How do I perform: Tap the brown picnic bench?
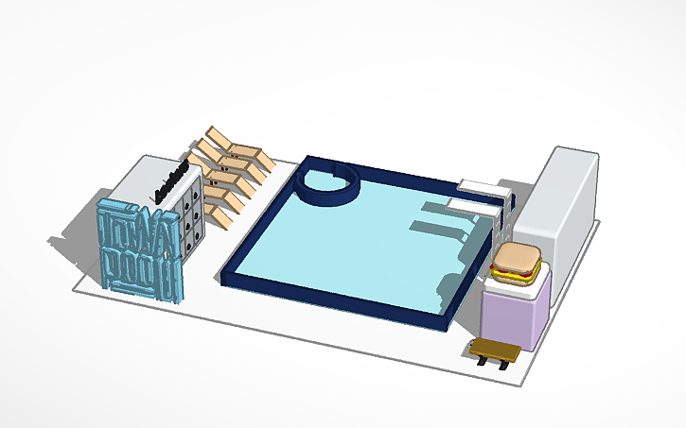click(494, 349)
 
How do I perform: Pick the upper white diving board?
click(479, 184)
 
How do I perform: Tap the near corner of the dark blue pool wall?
click(448, 320)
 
